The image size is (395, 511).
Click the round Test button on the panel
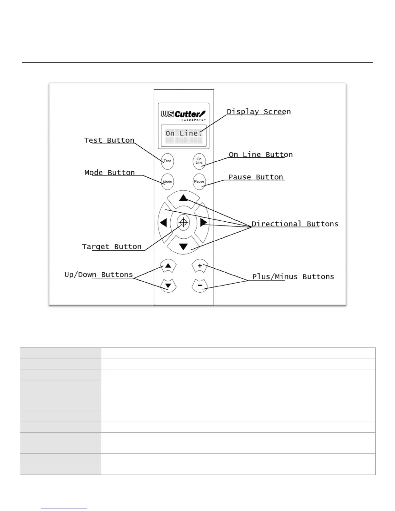167,161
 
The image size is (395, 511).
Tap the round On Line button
199,161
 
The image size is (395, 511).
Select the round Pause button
199,182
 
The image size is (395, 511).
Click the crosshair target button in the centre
183,222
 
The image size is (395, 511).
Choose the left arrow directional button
163,223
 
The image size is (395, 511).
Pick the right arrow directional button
203,223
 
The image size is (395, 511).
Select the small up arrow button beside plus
168,266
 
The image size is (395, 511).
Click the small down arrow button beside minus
168,286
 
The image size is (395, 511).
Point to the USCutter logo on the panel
183,115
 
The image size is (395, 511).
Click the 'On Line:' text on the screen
183,133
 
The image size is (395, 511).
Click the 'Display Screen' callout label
259,112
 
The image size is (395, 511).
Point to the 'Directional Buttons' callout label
295,224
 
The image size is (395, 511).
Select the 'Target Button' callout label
112,247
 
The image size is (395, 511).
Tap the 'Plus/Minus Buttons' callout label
293,277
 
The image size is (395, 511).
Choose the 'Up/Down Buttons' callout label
99,275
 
